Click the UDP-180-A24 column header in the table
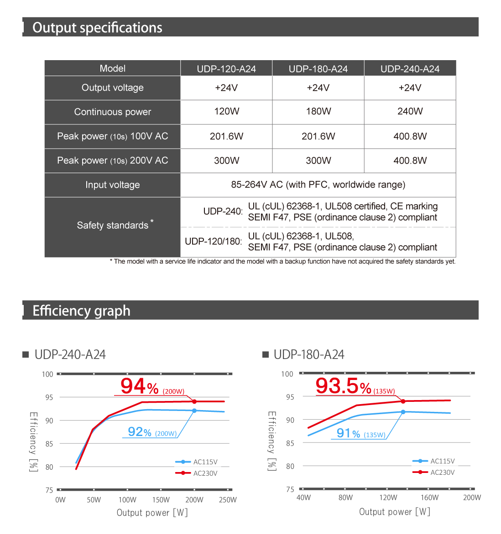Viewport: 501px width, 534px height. click(318, 69)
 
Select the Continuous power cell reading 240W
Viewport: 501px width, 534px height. click(410, 112)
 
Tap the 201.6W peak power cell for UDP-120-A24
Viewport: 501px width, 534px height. click(226, 136)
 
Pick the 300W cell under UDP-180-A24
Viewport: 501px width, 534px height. click(318, 160)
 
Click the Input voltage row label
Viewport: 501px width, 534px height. click(112, 185)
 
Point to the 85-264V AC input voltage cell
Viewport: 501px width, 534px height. click(318, 185)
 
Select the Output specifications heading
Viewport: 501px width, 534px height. click(97, 28)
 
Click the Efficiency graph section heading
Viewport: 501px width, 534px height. click(81, 311)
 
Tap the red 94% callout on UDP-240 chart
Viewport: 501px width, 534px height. click(139, 386)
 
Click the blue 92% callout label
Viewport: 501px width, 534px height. click(139, 432)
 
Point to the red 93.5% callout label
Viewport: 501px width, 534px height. click(343, 386)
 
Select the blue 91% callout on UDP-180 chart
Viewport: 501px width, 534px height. click(348, 433)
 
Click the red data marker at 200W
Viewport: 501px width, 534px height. click(194, 401)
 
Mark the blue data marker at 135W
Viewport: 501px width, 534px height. click(403, 412)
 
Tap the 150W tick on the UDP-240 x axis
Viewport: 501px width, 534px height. click(161, 500)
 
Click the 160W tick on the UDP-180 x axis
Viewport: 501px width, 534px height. click(429, 498)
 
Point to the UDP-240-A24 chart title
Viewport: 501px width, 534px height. click(70, 354)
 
